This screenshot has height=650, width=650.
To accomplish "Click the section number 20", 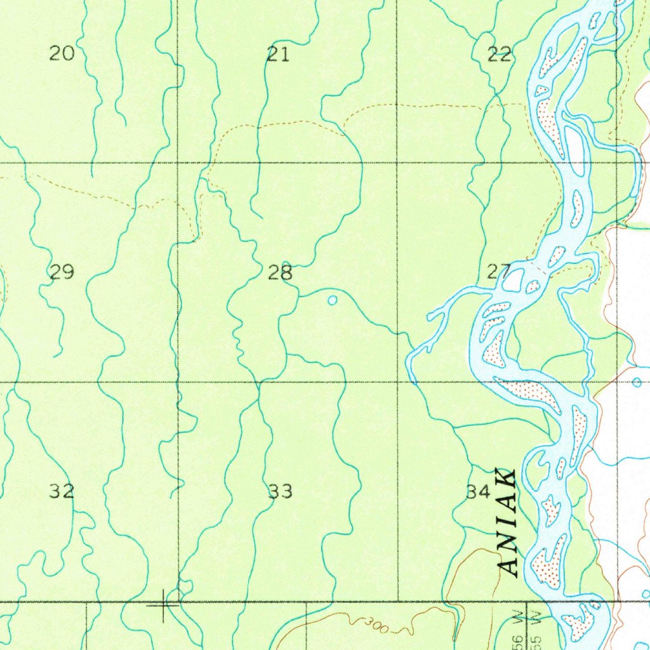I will click(62, 54).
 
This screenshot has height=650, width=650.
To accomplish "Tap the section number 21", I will click(278, 55).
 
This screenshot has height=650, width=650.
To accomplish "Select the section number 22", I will click(500, 55).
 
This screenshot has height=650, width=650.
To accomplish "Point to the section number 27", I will click(499, 273).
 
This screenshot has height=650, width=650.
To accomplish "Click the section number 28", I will click(280, 274).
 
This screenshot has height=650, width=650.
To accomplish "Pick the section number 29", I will click(62, 273).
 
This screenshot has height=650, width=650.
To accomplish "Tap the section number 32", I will click(62, 491).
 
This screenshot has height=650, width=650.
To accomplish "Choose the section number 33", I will click(280, 491).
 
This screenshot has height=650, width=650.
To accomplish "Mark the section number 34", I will click(479, 492).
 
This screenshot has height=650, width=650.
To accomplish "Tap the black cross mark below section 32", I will click(163, 605).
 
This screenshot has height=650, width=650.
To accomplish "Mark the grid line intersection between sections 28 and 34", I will click(397, 382).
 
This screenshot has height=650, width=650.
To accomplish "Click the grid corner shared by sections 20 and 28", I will click(178, 163).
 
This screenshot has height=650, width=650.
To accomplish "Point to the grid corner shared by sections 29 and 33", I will click(178, 382).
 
